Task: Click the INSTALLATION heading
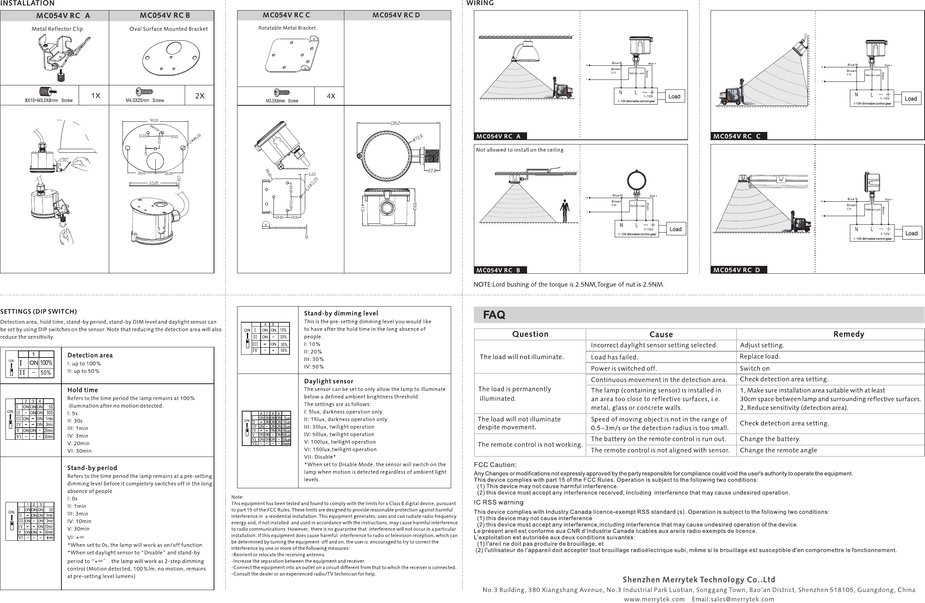tap(27, 4)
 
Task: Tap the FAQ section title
tap(494, 315)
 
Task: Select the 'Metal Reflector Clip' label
tap(57, 29)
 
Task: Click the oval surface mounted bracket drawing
tap(171, 58)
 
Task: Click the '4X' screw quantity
tap(331, 96)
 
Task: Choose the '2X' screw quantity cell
tap(200, 96)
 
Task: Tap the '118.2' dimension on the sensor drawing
tap(395, 123)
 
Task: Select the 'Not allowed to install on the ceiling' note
tap(520, 150)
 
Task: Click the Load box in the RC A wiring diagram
tap(674, 96)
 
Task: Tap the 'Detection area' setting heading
tap(90, 355)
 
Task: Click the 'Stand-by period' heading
tap(92, 468)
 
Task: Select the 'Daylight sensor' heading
tap(329, 381)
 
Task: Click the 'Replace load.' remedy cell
tap(760, 356)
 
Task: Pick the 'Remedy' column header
tap(849, 334)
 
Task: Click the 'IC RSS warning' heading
tap(498, 502)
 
